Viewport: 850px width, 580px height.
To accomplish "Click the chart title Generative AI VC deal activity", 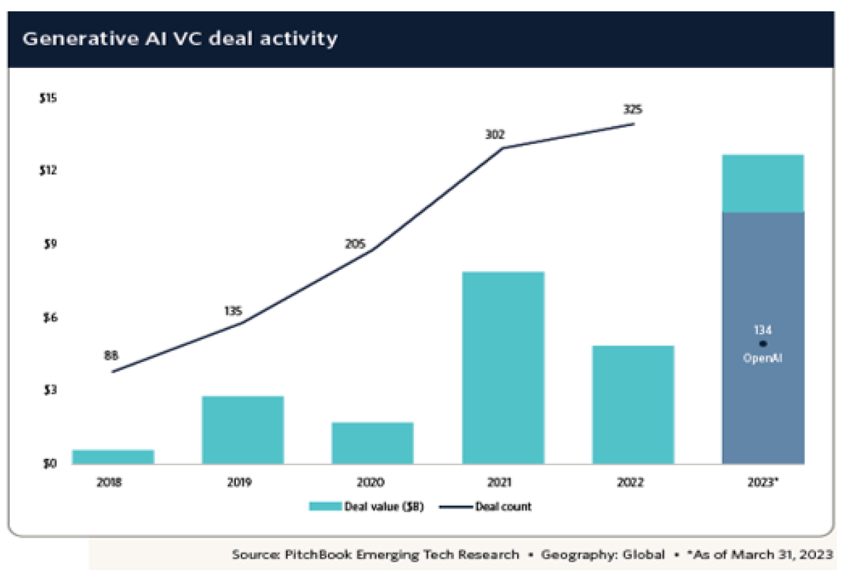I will [x=180, y=38].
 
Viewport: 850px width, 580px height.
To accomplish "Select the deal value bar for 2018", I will [x=113, y=457].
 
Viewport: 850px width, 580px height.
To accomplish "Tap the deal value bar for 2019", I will [x=243, y=430].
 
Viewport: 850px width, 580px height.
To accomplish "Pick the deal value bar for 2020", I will [x=373, y=443].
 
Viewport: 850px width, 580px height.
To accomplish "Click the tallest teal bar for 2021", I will [x=503, y=368].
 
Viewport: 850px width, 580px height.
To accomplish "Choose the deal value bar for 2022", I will [x=633, y=404].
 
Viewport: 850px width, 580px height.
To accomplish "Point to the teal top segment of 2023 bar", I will [x=763, y=183].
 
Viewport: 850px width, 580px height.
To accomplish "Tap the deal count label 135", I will [x=232, y=310].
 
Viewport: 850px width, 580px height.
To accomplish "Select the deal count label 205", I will [x=356, y=245].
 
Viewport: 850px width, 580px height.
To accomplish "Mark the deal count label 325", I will [x=633, y=110].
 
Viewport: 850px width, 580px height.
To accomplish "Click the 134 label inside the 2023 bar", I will [x=763, y=330].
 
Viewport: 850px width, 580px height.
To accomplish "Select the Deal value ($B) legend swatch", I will [x=324, y=506].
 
